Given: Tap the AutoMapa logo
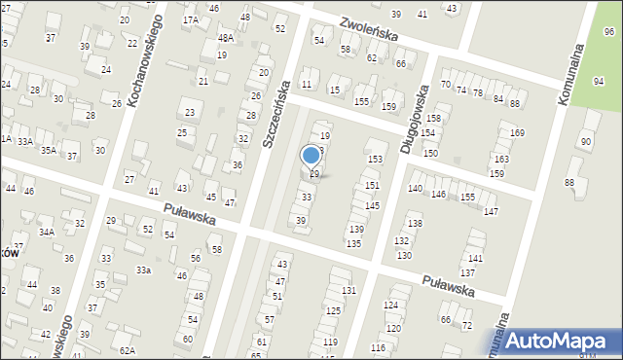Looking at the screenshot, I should (555, 340).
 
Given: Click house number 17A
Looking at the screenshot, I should (191, 19).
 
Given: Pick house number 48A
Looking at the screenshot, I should (225, 38).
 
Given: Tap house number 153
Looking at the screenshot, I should (374, 159).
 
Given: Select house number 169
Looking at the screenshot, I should (517, 132).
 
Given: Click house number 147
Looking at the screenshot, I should (491, 211).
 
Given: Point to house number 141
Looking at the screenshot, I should (475, 258).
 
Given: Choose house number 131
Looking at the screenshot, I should (348, 291).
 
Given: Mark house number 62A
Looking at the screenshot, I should (127, 349).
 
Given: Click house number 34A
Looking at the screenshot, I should (47, 233).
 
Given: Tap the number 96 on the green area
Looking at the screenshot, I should (609, 32).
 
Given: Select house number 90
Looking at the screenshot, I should (585, 142).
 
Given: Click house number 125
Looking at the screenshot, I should (333, 310).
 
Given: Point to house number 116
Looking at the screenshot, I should (378, 347).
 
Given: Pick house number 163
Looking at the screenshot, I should (500, 159).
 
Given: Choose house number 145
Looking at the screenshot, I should (372, 206).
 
